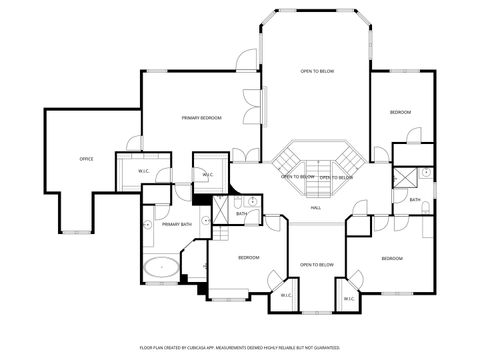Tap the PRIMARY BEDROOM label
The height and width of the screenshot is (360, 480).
[x=201, y=118]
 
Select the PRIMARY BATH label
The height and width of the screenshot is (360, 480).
[x=176, y=225]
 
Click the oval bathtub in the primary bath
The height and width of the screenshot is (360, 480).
[x=161, y=267]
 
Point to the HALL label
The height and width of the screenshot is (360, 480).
[x=315, y=207]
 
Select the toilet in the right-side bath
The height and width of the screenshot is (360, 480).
[x=424, y=208]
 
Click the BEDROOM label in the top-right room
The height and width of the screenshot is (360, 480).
[x=400, y=112]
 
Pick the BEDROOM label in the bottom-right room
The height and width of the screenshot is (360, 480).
[x=392, y=259]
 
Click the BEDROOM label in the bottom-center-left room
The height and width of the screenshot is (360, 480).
[x=248, y=258]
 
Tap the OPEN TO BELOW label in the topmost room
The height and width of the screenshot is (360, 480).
[x=317, y=71]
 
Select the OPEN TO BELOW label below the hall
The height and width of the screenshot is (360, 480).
[x=316, y=265]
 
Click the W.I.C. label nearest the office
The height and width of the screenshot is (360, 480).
[x=144, y=171]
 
